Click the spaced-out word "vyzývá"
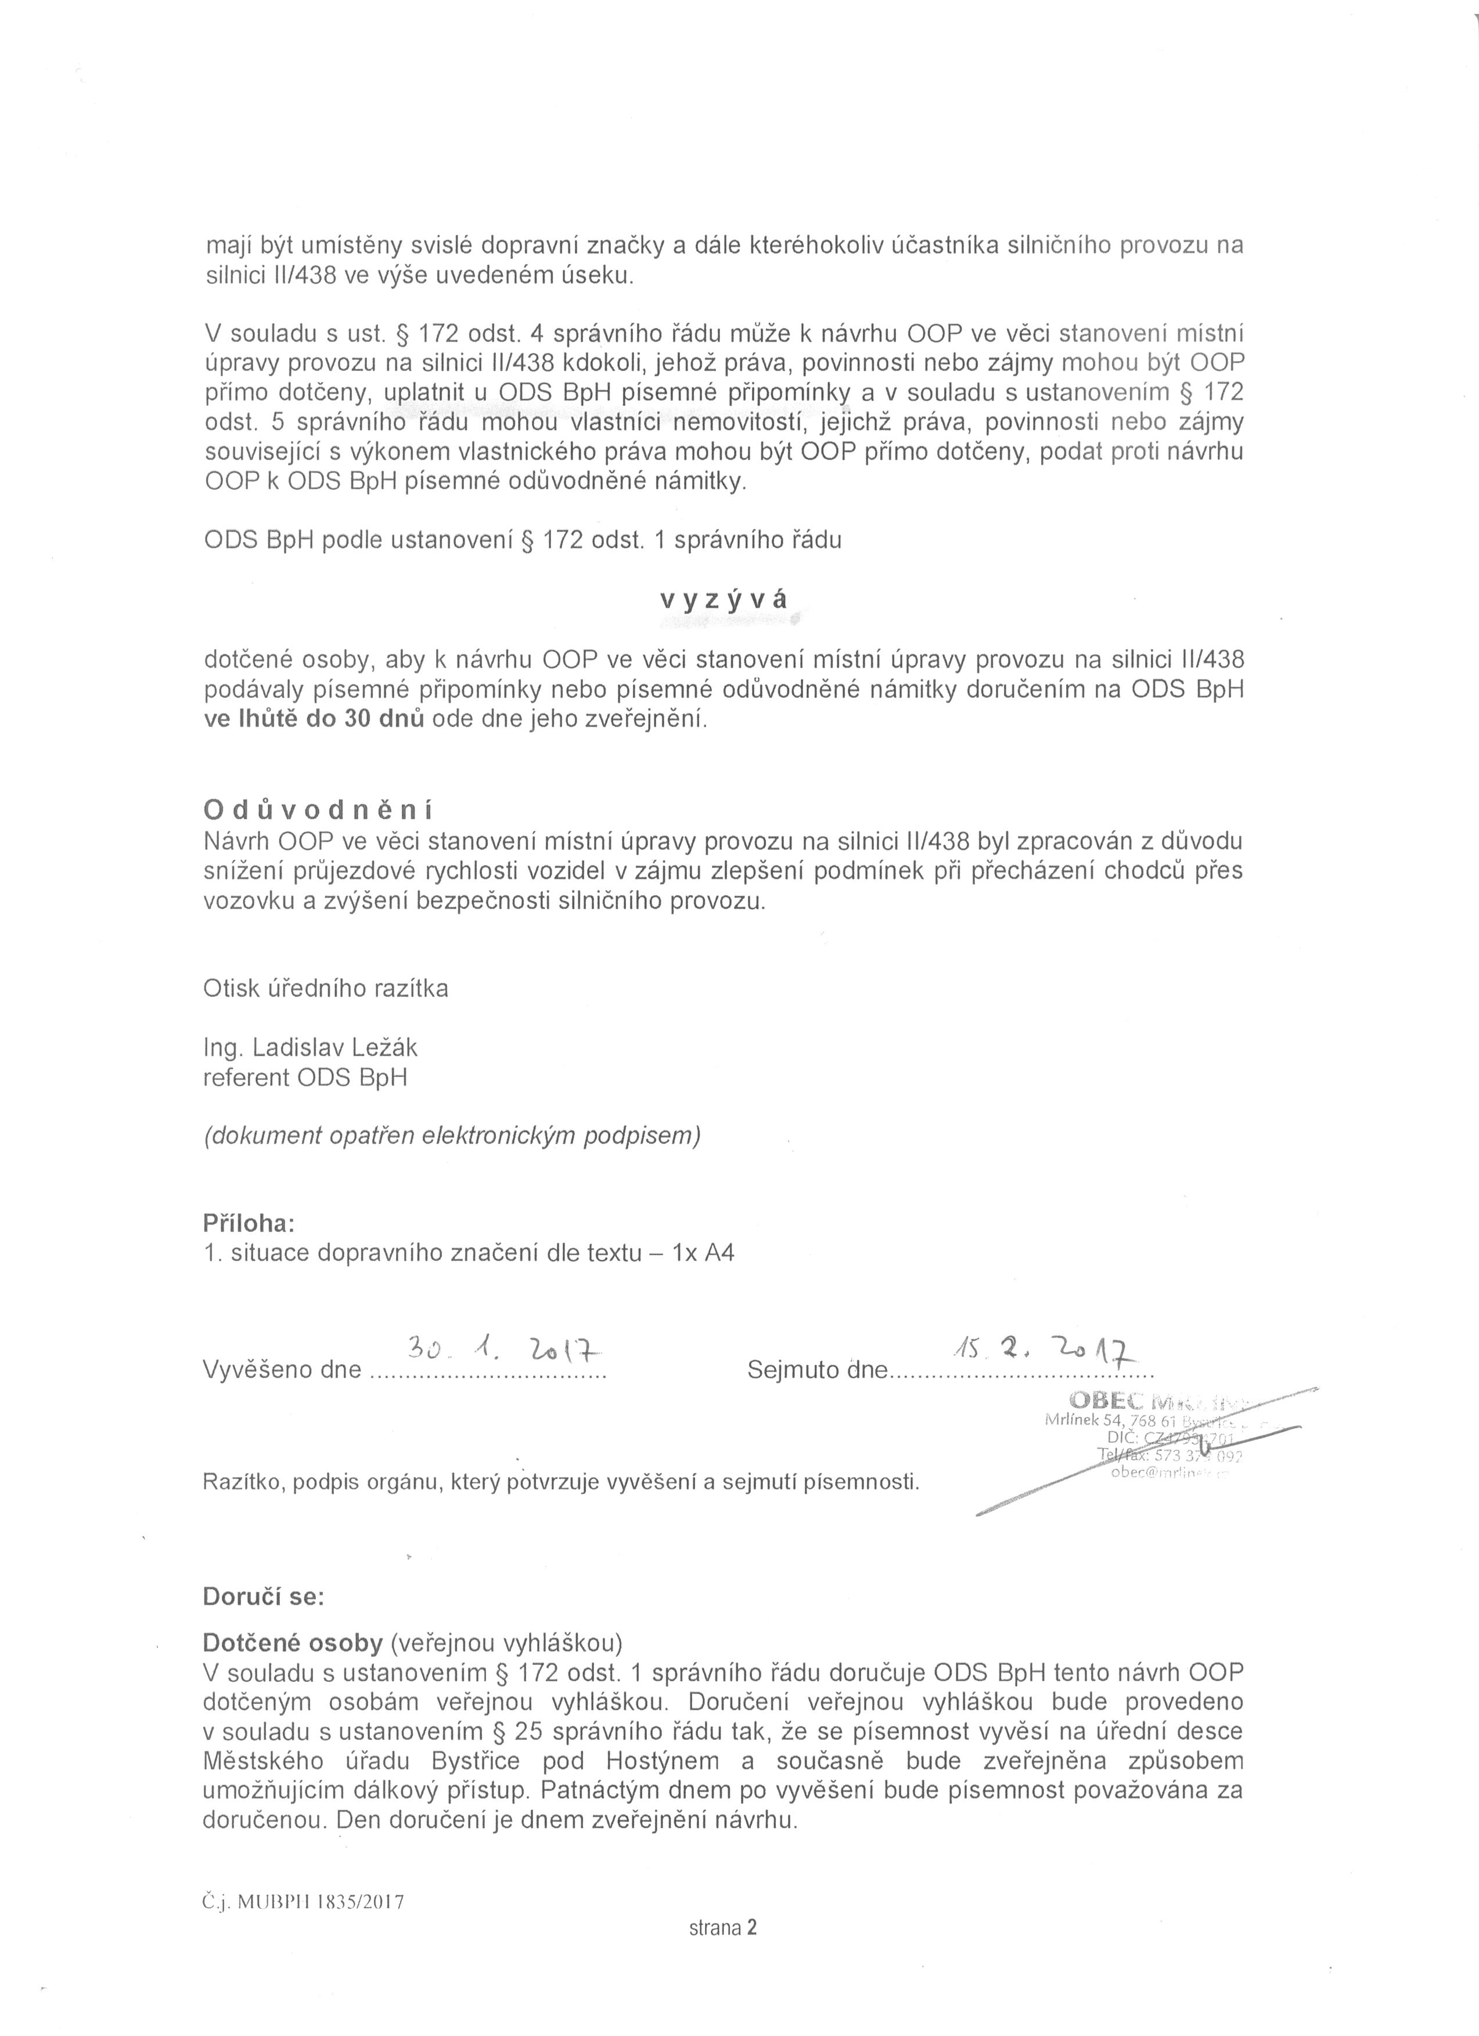pos(724,601)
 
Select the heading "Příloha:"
pos(249,1224)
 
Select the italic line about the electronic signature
pos(452,1136)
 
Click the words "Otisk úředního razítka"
pos(326,988)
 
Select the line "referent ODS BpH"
pos(305,1078)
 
